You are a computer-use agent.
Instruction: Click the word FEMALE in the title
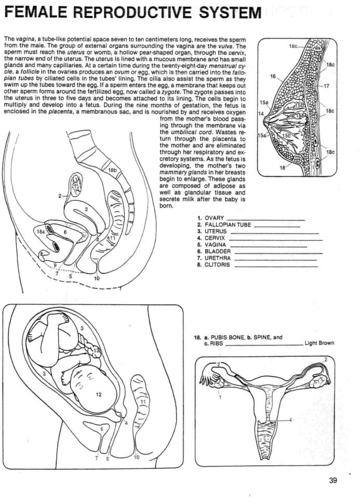pyautogui.click(x=35, y=12)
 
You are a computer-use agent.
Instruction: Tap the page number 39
pyautogui.click(x=333, y=480)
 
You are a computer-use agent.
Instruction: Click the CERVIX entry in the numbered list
pyautogui.click(x=215, y=238)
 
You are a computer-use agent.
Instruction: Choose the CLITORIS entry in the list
pyautogui.click(x=217, y=264)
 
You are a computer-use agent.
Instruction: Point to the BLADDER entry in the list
pyautogui.click(x=217, y=251)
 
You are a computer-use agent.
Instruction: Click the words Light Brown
pyautogui.click(x=319, y=343)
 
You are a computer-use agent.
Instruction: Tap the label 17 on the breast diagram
pyautogui.click(x=327, y=86)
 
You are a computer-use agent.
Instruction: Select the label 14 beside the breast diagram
pyautogui.click(x=261, y=113)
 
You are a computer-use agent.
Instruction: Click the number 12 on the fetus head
pyautogui.click(x=99, y=394)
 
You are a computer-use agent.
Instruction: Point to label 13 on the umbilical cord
pyautogui.click(x=97, y=352)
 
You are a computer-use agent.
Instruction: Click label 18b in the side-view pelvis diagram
pyautogui.click(x=113, y=170)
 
